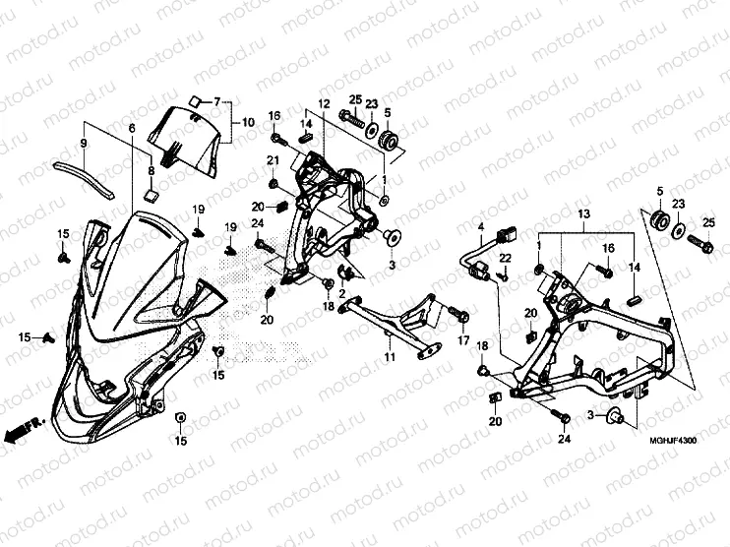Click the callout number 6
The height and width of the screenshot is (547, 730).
click(x=131, y=129)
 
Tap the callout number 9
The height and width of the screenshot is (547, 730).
click(x=84, y=145)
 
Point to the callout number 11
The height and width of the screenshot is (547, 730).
click(x=390, y=358)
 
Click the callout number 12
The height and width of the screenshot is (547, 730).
click(x=323, y=103)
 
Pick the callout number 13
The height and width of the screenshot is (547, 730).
click(x=582, y=213)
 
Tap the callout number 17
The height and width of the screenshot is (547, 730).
click(x=461, y=341)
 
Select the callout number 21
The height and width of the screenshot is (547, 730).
click(x=273, y=160)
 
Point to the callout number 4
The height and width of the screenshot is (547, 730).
click(x=481, y=228)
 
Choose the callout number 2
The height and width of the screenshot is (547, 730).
click(x=341, y=293)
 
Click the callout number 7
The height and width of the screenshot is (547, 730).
click(x=216, y=102)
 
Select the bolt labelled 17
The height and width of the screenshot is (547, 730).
click(x=456, y=313)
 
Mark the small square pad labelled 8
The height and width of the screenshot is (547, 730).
click(x=151, y=195)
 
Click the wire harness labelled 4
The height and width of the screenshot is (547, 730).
click(x=473, y=260)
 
